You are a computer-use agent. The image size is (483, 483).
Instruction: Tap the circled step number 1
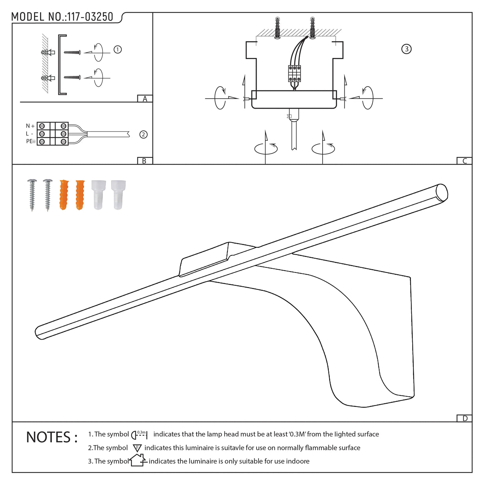coord(118,49)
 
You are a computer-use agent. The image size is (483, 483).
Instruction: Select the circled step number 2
coord(144,135)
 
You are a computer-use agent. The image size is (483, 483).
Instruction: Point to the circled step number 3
coord(406,49)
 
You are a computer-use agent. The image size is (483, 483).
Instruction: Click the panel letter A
coord(145,99)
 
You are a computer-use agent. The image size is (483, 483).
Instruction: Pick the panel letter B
coord(144,161)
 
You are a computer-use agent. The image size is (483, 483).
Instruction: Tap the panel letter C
coord(464,161)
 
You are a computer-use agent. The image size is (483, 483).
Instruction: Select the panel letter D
coord(465,418)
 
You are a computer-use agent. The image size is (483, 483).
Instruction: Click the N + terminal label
coord(30,126)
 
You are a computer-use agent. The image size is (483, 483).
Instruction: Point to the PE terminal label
coord(31,141)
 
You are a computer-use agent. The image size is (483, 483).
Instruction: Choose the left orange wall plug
coord(64,195)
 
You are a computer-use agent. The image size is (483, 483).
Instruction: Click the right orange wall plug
coord(80,195)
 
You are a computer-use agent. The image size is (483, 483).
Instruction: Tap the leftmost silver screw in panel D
coord(32,195)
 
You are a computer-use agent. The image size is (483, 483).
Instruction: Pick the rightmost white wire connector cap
coord(118,195)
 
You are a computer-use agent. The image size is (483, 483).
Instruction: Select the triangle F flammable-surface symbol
coord(137,448)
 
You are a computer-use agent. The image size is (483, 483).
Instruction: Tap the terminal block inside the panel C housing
coord(294,73)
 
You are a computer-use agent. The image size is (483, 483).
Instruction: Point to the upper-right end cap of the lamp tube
coord(442,193)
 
